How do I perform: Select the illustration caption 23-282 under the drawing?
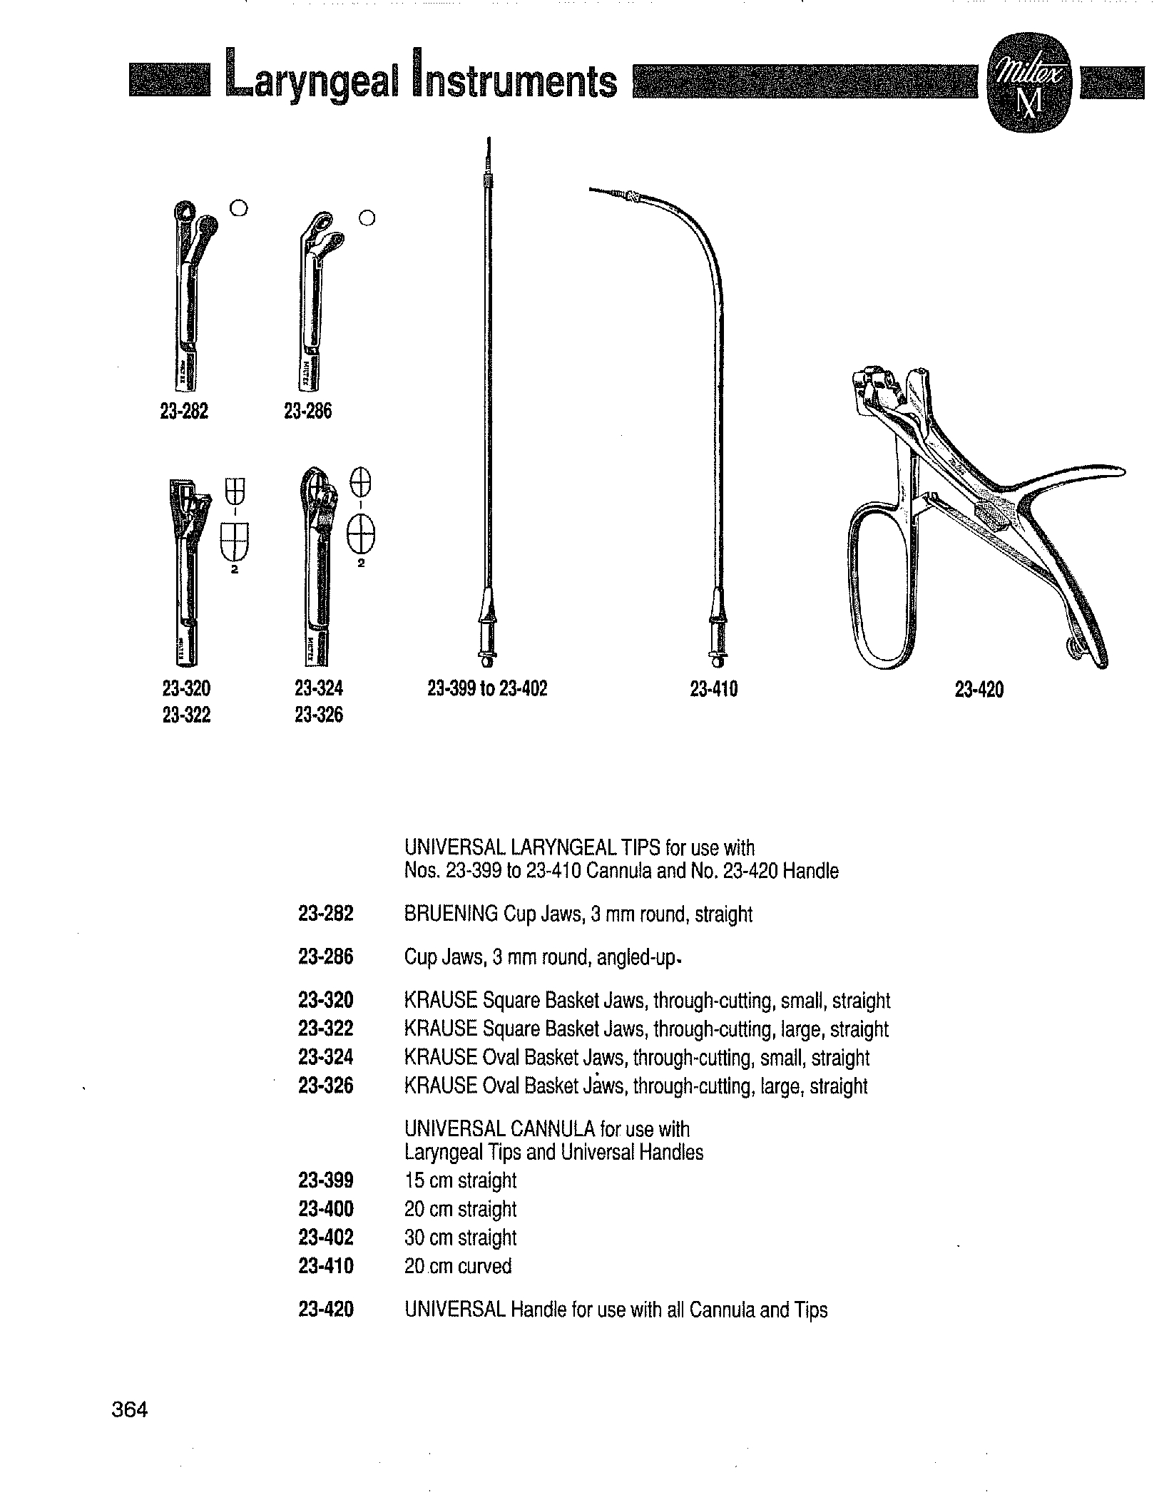[185, 412]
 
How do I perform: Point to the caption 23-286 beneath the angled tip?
[307, 412]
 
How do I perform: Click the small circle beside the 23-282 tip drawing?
[240, 208]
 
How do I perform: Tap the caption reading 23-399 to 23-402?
[487, 689]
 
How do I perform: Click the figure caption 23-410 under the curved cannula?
[714, 689]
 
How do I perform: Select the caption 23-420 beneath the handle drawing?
[979, 690]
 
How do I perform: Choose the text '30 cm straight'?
[460, 1238]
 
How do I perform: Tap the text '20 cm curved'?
[458, 1266]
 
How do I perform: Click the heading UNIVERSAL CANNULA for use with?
[547, 1129]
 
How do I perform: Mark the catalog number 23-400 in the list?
[326, 1209]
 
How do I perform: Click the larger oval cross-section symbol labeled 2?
[362, 536]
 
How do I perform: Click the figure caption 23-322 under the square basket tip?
[187, 715]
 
